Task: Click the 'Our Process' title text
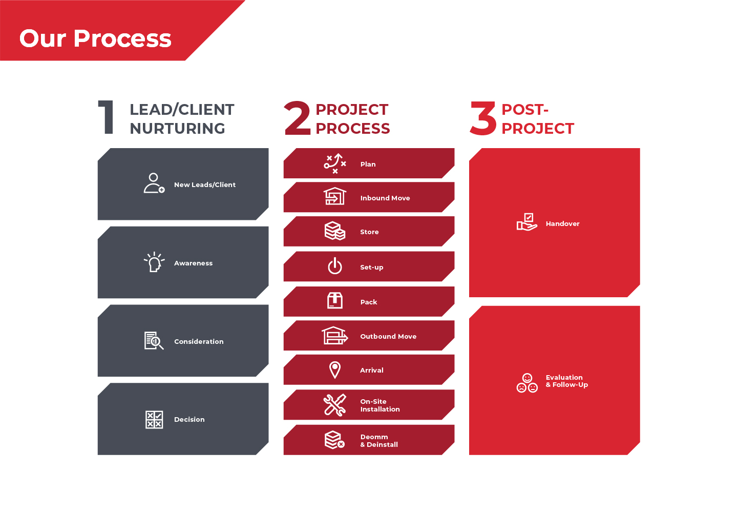click(95, 38)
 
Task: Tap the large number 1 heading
click(106, 117)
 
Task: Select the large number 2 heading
click(297, 118)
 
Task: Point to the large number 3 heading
click(483, 118)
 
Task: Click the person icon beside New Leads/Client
click(154, 183)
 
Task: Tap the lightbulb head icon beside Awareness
click(154, 262)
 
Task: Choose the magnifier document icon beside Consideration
click(154, 341)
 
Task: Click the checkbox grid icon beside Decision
click(154, 420)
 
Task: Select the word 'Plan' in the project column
click(368, 164)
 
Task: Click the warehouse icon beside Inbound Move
click(335, 196)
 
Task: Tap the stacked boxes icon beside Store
click(335, 231)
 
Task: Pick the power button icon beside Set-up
click(335, 266)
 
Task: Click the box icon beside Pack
click(335, 301)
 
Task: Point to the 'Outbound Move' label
click(388, 336)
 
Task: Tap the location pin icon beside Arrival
click(335, 370)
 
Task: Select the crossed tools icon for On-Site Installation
click(335, 405)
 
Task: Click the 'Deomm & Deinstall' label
click(379, 440)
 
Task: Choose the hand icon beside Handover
click(527, 222)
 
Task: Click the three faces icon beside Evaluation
click(527, 383)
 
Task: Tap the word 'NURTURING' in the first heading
click(177, 129)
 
